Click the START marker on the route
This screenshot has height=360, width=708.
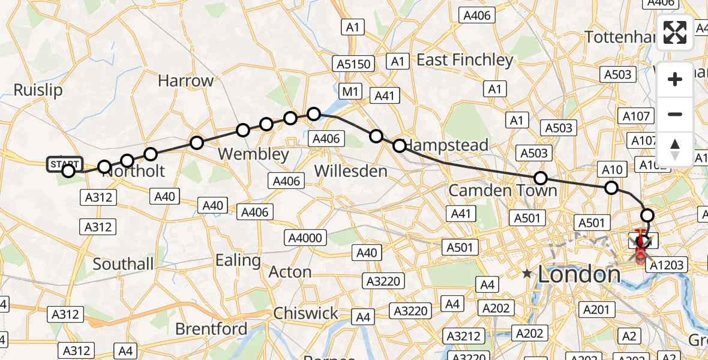click(x=64, y=164)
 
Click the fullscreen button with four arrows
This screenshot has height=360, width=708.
click(x=675, y=32)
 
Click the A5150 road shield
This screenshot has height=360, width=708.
click(x=354, y=64)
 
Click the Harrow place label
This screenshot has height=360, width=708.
click(x=185, y=80)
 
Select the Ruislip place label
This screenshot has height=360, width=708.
click(x=38, y=90)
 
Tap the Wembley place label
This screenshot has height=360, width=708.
click(x=253, y=154)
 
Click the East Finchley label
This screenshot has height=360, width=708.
click(x=465, y=60)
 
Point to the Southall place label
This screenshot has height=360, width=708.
click(x=123, y=263)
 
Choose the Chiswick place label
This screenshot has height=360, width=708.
click(x=306, y=313)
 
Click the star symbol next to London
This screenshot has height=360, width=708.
click(x=527, y=274)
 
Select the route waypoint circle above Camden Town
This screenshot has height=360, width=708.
click(x=541, y=178)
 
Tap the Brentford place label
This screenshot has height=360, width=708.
click(x=211, y=329)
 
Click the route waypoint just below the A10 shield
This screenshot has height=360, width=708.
click(x=611, y=188)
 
